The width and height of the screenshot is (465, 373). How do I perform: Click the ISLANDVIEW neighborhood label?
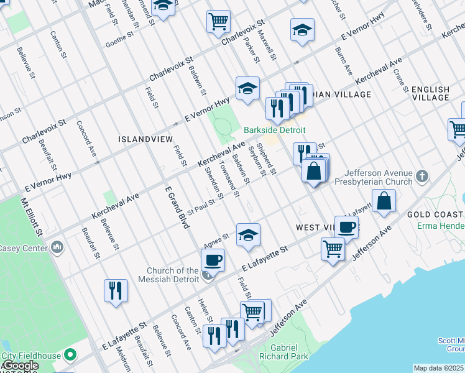point(145,140)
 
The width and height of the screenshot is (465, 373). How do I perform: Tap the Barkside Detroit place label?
point(275,130)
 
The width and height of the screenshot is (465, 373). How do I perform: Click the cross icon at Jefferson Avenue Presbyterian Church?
point(422,175)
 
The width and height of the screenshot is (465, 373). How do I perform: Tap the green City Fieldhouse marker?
point(70,356)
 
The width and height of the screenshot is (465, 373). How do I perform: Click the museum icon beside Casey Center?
point(58,248)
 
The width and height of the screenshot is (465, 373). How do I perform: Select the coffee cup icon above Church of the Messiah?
point(213,260)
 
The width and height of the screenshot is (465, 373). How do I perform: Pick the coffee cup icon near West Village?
point(346,227)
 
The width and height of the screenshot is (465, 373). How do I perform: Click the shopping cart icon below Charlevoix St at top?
point(219,22)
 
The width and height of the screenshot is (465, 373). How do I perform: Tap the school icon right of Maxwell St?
point(302,30)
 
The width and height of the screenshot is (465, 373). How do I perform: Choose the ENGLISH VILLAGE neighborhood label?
point(430,93)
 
